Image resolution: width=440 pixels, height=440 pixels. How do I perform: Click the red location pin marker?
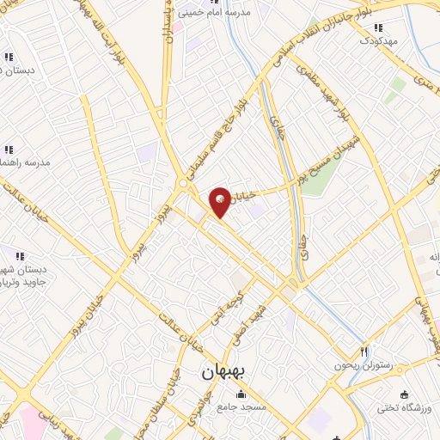[221, 201]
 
